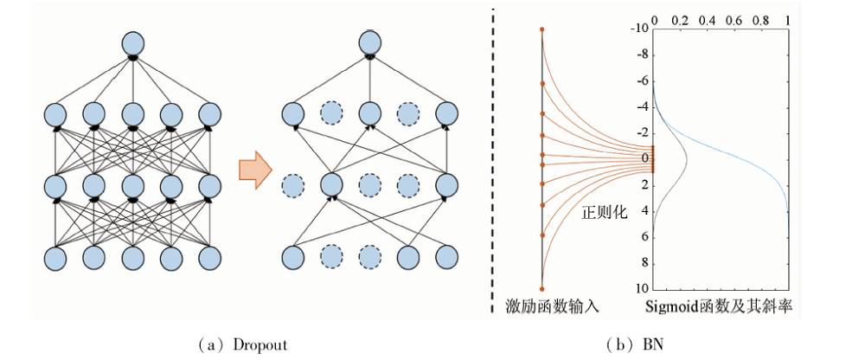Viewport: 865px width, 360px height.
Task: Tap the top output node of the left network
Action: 132,42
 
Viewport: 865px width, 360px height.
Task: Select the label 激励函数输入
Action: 549,306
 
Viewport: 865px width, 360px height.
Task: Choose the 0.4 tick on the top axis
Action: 707,18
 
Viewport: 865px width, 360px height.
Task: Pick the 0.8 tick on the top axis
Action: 761,18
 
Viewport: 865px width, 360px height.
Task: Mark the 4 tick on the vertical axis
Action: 644,210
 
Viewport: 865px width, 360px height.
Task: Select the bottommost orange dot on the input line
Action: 542,288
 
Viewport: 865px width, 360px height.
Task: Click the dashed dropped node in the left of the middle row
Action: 292,186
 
